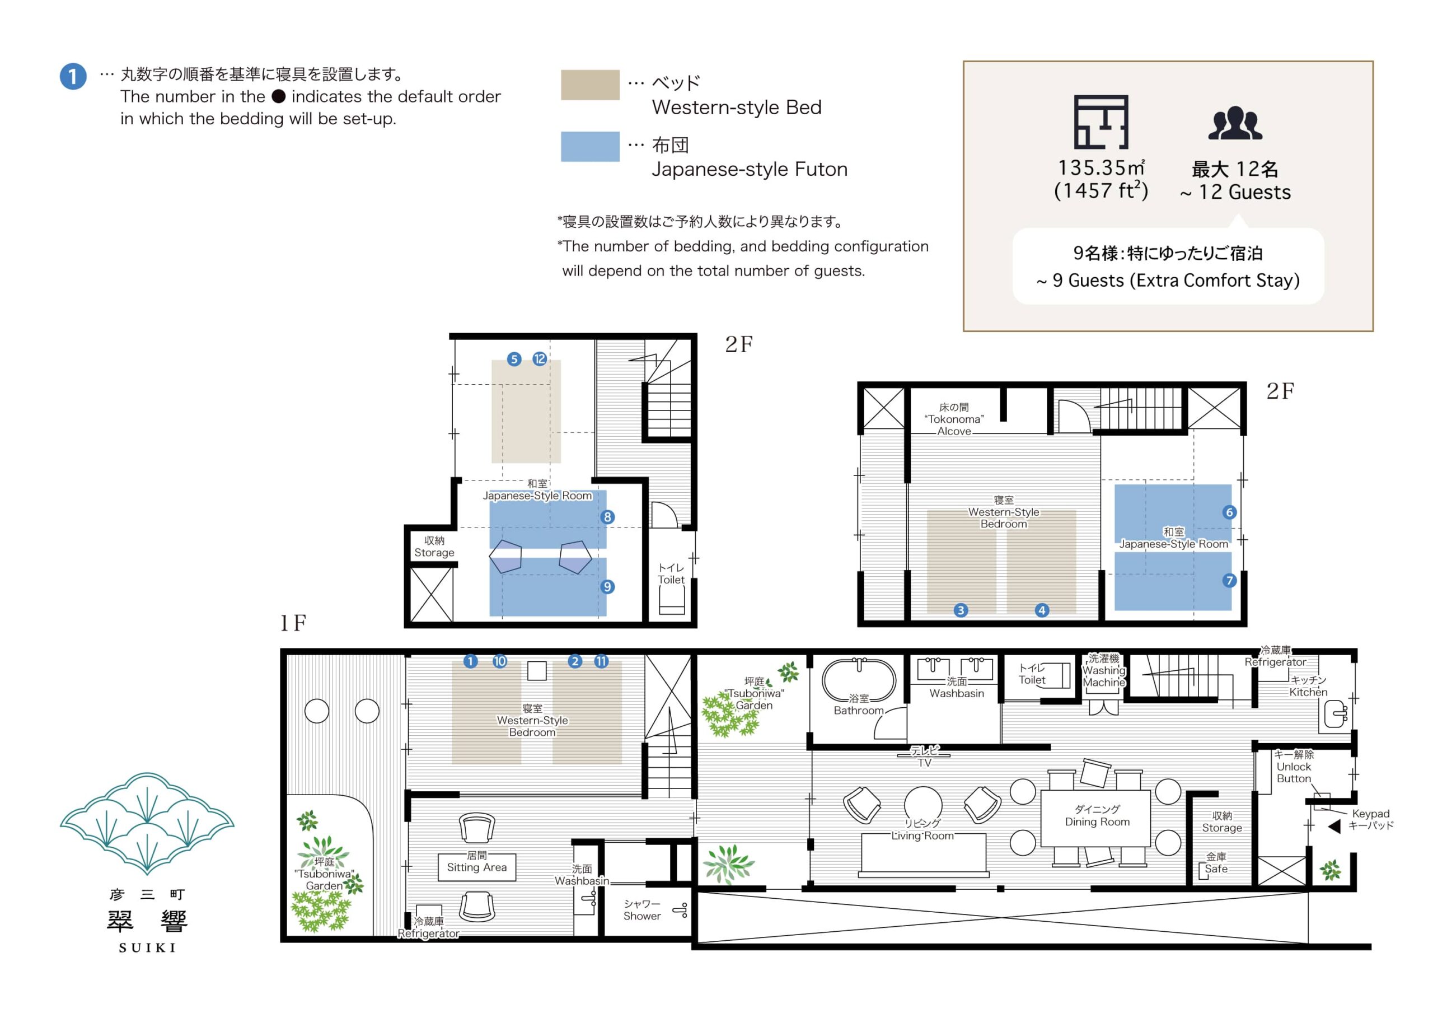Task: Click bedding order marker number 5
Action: [x=514, y=359]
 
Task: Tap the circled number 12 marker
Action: [x=540, y=359]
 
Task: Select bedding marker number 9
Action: [x=607, y=586]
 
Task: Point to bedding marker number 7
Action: [x=1229, y=580]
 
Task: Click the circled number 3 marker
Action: [x=961, y=610]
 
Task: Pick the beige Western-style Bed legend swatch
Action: [x=590, y=85]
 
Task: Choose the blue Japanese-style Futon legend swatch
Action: [x=590, y=147]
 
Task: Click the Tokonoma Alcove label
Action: [x=954, y=419]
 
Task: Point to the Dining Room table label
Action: [x=1097, y=816]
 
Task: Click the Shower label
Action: [x=641, y=910]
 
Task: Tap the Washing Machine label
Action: [x=1103, y=670]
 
